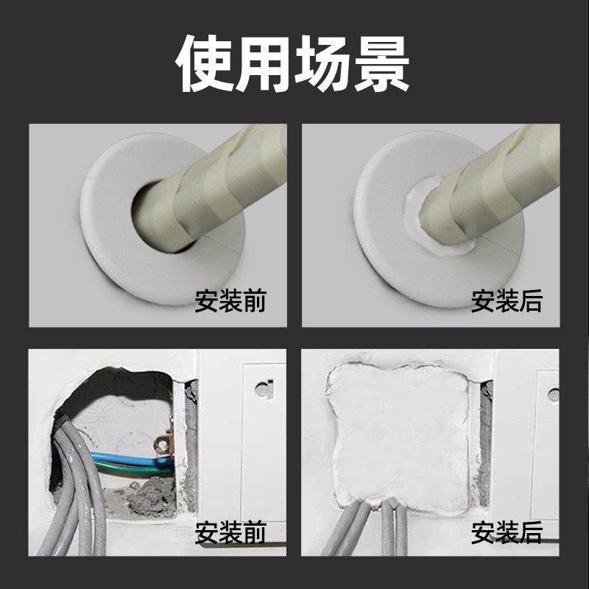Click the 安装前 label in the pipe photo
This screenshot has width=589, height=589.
point(230,300)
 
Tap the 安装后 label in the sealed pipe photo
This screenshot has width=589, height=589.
point(507,300)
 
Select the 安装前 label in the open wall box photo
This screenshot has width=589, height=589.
point(230,532)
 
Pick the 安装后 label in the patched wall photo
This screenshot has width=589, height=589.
point(507,532)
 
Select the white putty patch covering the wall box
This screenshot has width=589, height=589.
point(398,434)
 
